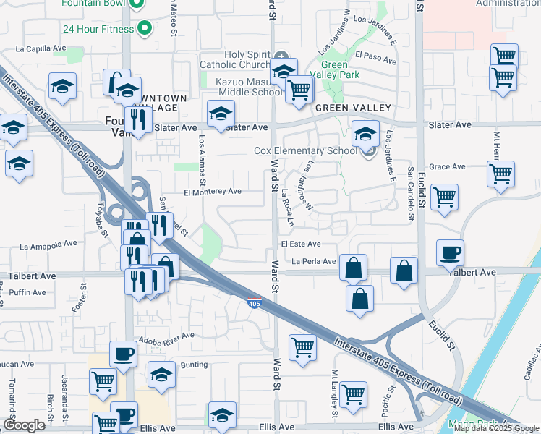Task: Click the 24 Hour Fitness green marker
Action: point(145,30)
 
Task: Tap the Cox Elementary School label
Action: point(305,151)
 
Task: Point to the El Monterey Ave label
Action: point(212,192)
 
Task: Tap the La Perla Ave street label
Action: point(314,261)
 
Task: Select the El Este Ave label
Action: point(306,244)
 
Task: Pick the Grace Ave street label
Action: point(447,166)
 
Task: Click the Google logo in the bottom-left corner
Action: point(25,425)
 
